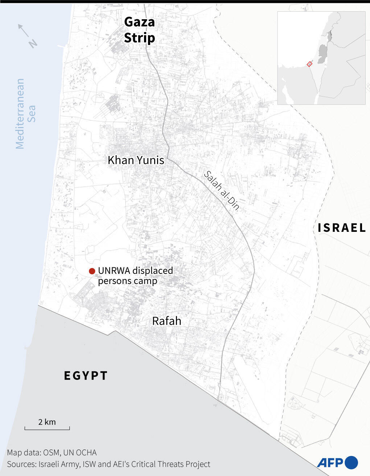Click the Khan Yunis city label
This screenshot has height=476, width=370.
coord(136,160)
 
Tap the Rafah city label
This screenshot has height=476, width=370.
coord(166,321)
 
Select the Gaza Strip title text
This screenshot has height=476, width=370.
coord(140,30)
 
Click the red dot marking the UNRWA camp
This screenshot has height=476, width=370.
coord(92,271)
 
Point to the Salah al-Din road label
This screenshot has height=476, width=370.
coord(222,190)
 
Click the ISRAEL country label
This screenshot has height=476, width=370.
coord(342,228)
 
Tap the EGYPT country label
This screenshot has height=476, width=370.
coord(86,376)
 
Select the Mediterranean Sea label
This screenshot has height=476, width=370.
coord(25,114)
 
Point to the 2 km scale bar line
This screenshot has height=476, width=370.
coord(47,429)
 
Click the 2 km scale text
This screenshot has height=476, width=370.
coord(47,422)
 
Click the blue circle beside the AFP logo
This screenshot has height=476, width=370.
coord(351,463)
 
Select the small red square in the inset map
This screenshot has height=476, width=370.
coord(309,64)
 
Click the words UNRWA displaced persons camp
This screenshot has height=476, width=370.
coord(135,276)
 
